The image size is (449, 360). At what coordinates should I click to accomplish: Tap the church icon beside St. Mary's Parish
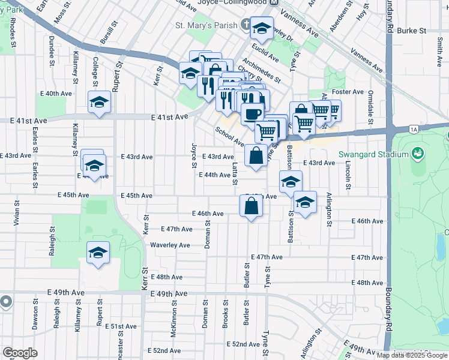(246, 25)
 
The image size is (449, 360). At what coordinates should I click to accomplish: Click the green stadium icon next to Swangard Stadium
(416, 154)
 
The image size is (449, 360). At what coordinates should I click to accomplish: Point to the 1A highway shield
(413, 128)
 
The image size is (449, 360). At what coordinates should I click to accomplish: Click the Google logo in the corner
(20, 353)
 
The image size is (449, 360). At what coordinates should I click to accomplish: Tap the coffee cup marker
(252, 113)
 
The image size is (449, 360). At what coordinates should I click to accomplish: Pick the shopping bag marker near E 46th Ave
(251, 206)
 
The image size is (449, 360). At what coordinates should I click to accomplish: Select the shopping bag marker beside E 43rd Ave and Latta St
(256, 155)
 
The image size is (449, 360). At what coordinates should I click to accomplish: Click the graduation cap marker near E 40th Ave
(99, 102)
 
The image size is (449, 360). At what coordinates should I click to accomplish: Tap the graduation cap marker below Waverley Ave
(98, 253)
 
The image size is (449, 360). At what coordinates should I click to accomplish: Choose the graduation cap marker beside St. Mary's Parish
(262, 28)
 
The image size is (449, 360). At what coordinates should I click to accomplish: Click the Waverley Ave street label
(170, 245)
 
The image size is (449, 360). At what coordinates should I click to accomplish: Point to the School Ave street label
(229, 137)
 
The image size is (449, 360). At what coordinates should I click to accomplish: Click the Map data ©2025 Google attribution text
(412, 355)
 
